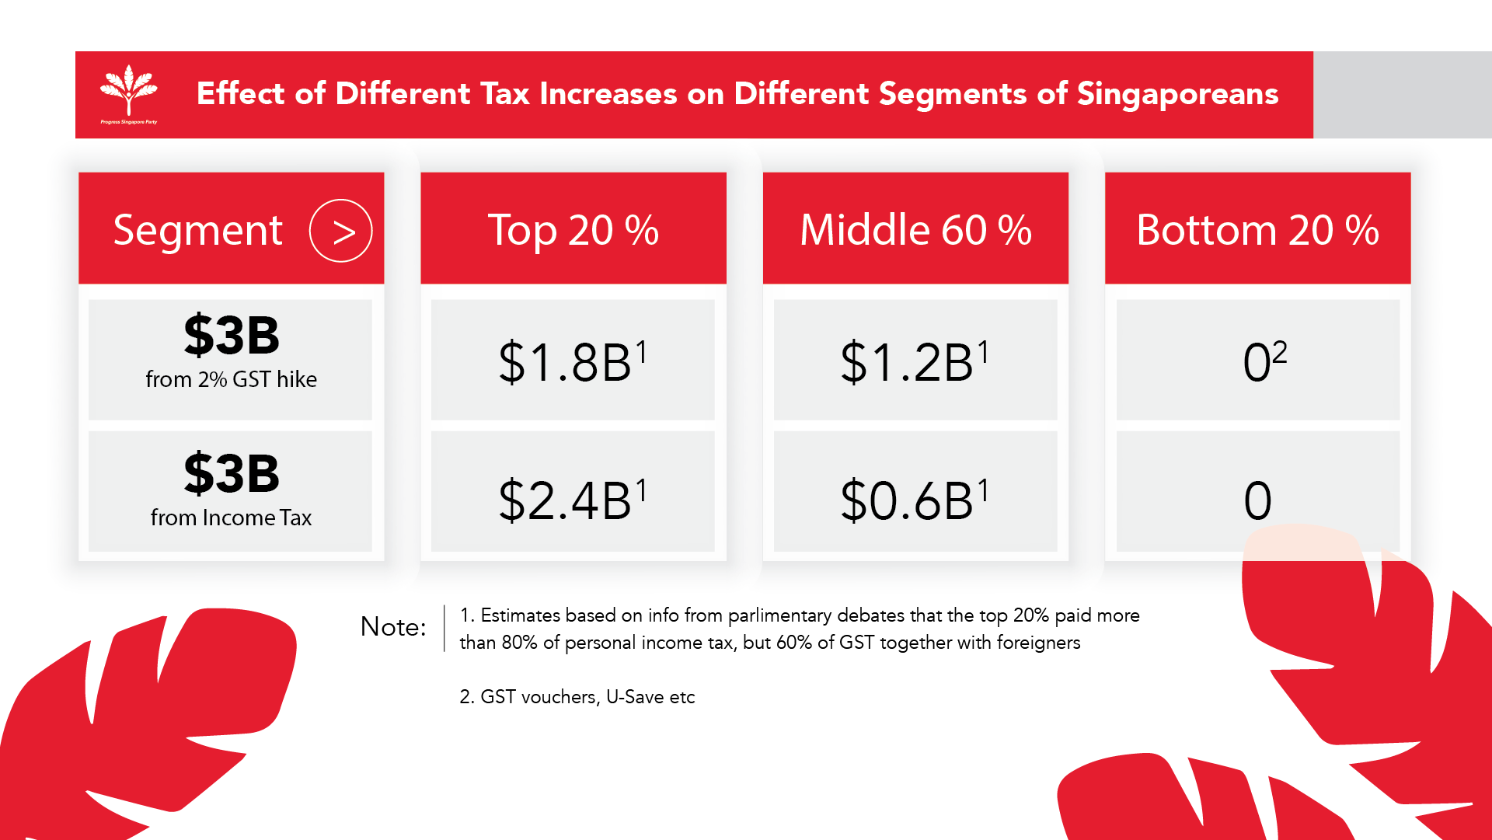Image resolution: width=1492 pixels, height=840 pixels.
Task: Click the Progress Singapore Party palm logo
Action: click(129, 92)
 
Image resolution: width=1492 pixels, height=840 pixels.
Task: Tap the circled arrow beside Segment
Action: click(340, 231)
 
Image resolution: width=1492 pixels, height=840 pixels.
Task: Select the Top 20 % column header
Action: click(573, 230)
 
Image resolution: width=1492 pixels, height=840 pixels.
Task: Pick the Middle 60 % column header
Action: click(915, 230)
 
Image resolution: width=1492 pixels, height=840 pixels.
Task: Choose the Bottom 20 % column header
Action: click(1257, 230)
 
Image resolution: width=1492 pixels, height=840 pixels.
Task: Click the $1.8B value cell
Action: click(573, 361)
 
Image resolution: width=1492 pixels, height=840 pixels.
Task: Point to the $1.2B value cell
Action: click(915, 361)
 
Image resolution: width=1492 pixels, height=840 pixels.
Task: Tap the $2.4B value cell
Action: click(573, 500)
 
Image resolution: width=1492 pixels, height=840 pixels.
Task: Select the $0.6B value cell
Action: click(915, 500)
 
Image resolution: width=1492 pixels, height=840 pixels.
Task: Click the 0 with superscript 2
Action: click(1264, 361)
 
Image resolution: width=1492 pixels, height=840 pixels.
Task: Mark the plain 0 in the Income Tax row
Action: click(1257, 500)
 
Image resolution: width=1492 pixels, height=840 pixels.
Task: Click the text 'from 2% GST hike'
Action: click(231, 379)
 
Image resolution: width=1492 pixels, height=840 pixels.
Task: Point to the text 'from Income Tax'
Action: click(231, 518)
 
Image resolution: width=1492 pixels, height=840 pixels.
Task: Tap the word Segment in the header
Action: click(198, 231)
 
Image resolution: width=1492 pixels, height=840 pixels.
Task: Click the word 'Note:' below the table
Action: click(393, 626)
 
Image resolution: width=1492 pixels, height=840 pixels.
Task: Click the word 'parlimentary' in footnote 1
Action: click(779, 615)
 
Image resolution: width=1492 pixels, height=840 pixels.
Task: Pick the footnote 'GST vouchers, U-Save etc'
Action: click(587, 697)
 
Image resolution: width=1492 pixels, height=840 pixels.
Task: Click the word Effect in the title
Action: click(241, 93)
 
